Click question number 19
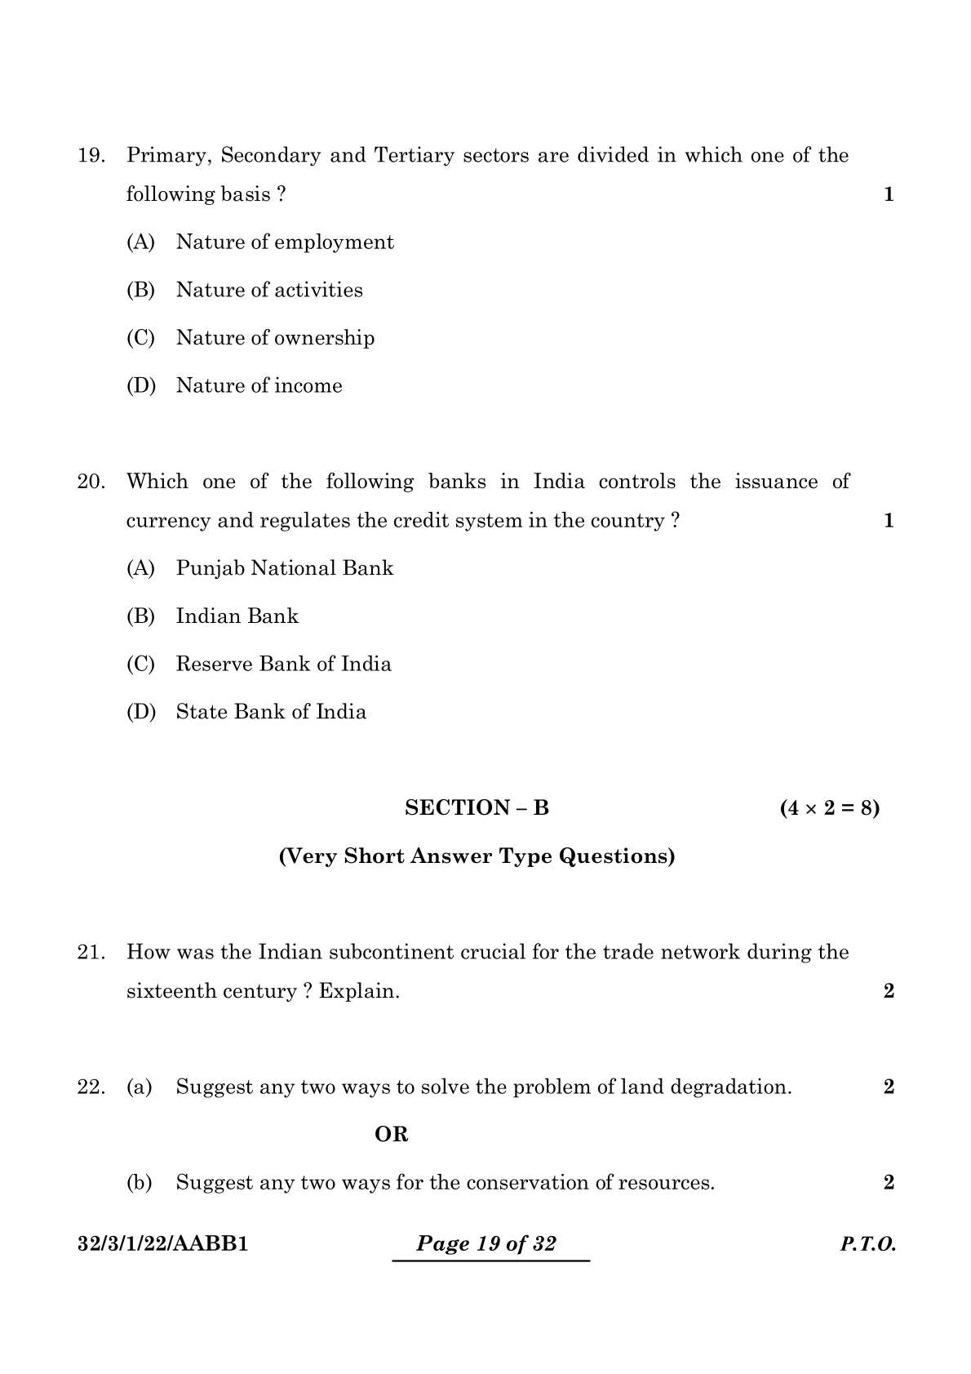(x=91, y=156)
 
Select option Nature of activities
(x=269, y=290)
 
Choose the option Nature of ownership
(x=275, y=338)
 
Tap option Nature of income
(x=259, y=385)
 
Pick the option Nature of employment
(x=285, y=242)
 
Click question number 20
(x=91, y=482)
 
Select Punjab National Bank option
(x=284, y=568)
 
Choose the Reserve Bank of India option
(x=283, y=664)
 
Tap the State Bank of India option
(x=271, y=712)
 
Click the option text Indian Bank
(x=237, y=616)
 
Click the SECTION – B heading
(x=477, y=808)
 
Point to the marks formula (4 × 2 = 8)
(x=829, y=808)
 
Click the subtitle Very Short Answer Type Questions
(x=477, y=856)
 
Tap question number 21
(x=91, y=953)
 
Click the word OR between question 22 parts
(x=391, y=1135)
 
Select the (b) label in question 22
(x=140, y=1183)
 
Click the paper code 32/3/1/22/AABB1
(x=162, y=1244)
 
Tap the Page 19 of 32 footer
(x=486, y=1244)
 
